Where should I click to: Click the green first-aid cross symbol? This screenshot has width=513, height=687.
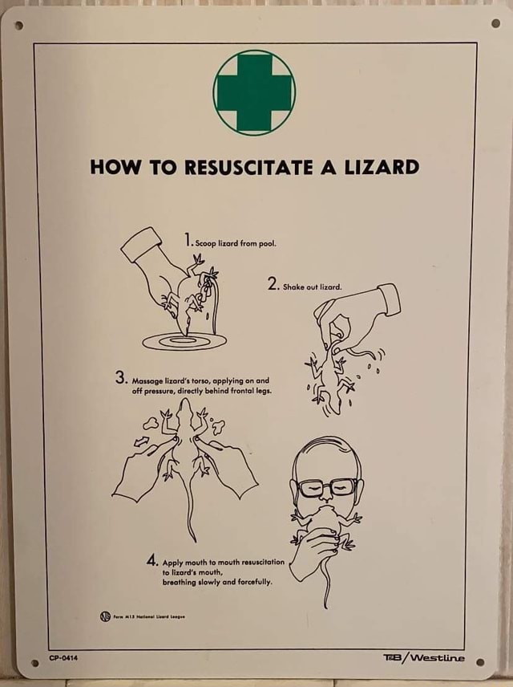pos(254,92)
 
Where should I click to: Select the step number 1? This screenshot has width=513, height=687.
pos(187,240)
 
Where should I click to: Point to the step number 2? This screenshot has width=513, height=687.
pos(273,284)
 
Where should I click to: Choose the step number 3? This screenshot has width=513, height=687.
pos(120,378)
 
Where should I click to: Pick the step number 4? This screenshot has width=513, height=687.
pos(151,561)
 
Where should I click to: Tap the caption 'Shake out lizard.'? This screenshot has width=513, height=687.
pos(313,287)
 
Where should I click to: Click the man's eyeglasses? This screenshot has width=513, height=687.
pos(327,487)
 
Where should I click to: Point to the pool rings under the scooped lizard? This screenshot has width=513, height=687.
pos(184,341)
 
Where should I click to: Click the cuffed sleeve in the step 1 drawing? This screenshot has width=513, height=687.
pos(141,244)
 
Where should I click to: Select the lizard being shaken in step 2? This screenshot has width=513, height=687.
pos(328,378)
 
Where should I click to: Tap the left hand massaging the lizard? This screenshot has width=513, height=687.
pos(141,470)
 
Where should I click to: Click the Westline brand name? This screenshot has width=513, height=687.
pos(437,658)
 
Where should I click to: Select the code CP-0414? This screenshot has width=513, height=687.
pos(63,658)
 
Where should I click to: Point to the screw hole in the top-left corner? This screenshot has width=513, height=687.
pos(18,25)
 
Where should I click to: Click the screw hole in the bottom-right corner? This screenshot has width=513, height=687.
pos(479,662)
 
